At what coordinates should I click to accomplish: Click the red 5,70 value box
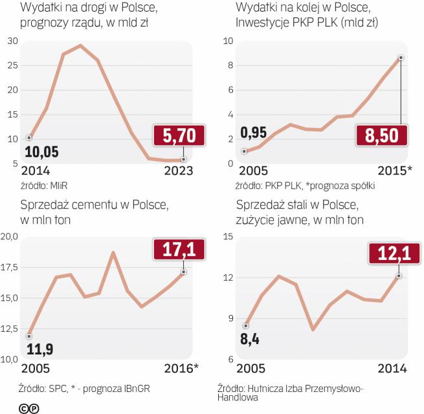[179, 136]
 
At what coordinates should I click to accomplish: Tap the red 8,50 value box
[382, 136]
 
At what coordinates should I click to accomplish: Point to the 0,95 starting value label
[254, 134]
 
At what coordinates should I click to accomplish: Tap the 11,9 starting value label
[39, 350]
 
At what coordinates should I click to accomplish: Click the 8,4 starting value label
[250, 339]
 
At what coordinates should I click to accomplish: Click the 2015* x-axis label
[394, 171]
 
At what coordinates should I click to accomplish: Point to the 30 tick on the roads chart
[12, 41]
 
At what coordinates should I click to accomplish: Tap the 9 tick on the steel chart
[228, 318]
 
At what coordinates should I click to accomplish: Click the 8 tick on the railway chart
[228, 65]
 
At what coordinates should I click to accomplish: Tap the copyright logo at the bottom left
[28, 407]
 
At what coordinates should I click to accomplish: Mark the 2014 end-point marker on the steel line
[399, 276]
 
